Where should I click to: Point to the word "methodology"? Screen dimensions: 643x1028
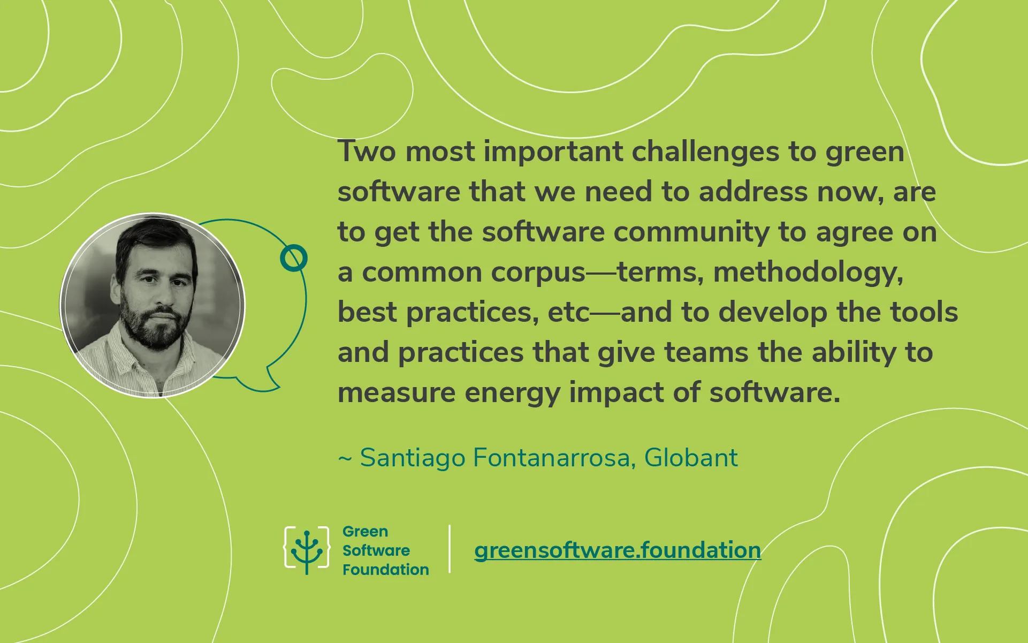(808, 273)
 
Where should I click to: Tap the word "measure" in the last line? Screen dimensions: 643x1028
(397, 393)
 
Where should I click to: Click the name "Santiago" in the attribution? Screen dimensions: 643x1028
(413, 458)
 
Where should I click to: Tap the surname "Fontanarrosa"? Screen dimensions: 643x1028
(554, 458)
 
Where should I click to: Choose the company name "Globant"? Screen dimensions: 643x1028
(691, 458)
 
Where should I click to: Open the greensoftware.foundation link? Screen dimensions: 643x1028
(618, 550)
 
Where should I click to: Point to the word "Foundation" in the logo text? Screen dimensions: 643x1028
(385, 570)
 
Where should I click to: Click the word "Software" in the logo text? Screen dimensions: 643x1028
(376, 550)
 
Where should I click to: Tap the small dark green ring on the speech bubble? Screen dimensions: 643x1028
(294, 258)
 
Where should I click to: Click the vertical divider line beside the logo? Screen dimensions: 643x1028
(450, 549)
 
